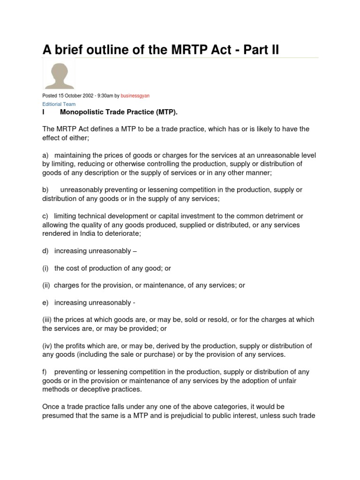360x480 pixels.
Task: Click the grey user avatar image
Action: coord(59,74)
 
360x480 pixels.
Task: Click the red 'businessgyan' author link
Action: coord(135,96)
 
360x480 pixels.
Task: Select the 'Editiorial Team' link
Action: coord(59,104)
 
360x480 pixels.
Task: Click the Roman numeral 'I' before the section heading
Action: coord(43,112)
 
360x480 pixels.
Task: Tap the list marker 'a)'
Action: coord(45,155)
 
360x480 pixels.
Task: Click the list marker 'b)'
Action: coord(45,190)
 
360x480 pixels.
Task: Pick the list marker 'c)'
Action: coord(45,216)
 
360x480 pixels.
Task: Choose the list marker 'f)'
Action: coord(45,372)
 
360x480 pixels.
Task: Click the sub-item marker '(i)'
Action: coord(46,268)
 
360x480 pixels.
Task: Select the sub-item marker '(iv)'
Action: coord(47,346)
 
